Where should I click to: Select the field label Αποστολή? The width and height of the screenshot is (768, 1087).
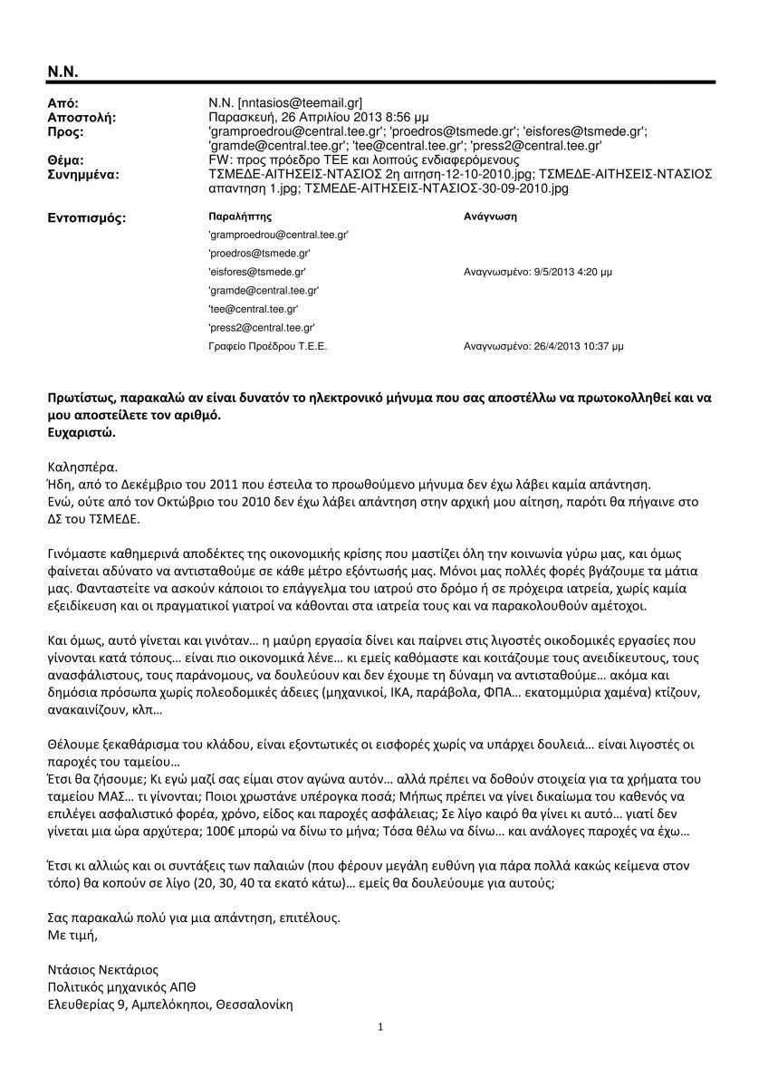pyautogui.click(x=81, y=119)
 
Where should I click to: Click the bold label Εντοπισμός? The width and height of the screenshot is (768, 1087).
pyautogui.click(x=86, y=218)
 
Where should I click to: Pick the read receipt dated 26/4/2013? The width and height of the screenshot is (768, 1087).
pyautogui.click(x=542, y=346)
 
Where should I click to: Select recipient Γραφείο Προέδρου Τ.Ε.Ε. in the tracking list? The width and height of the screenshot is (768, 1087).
pyautogui.click(x=267, y=346)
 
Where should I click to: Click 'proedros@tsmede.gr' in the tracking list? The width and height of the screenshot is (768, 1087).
pyautogui.click(x=259, y=253)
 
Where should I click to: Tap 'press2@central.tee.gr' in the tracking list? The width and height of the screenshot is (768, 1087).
pyautogui.click(x=262, y=327)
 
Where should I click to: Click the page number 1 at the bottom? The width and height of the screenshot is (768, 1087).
pyautogui.click(x=382, y=1027)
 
